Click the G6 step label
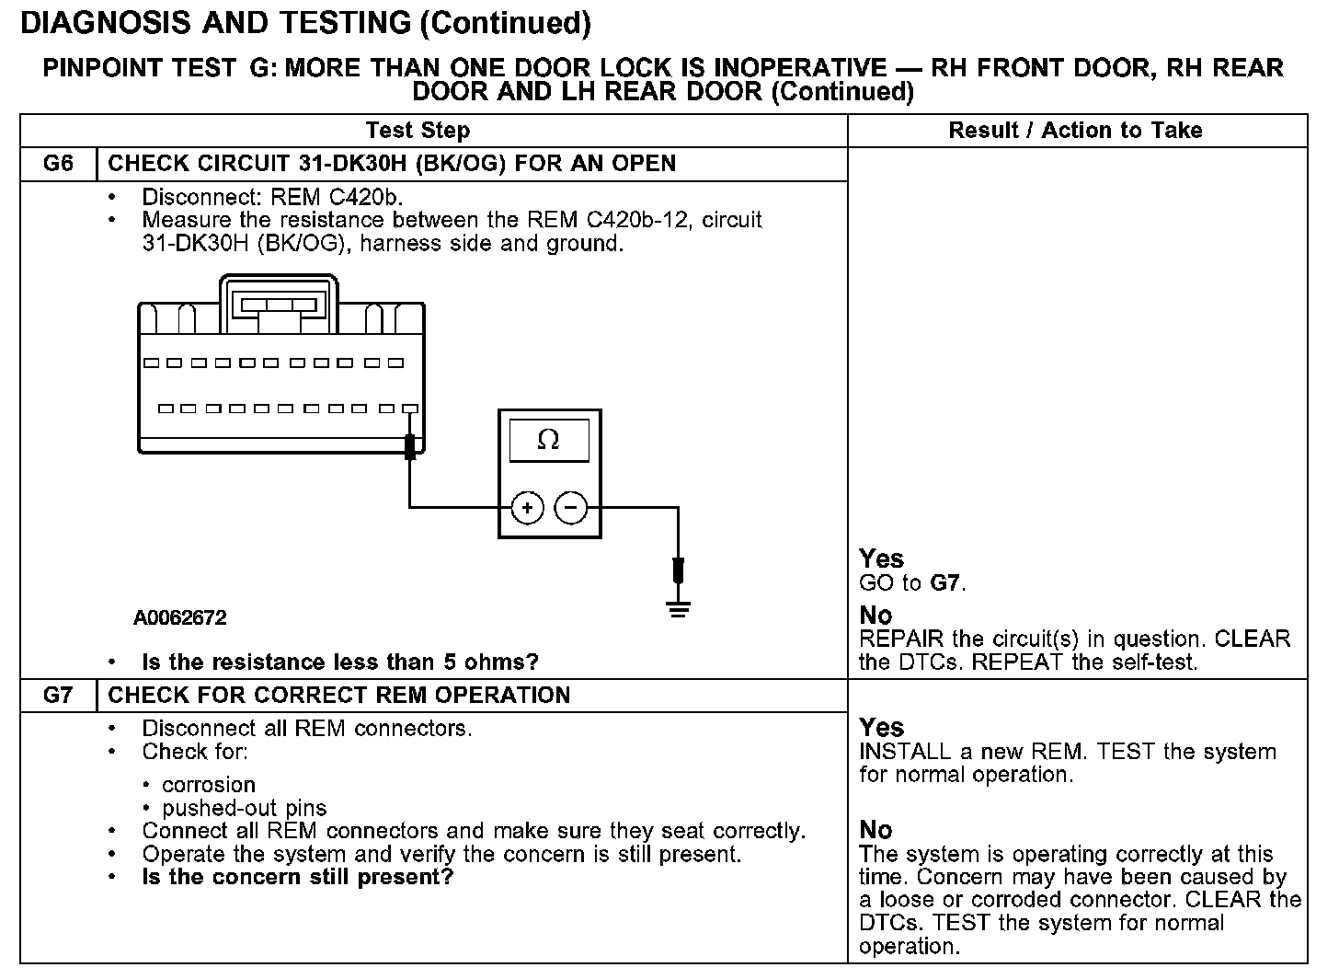pos(58,164)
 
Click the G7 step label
pos(58,696)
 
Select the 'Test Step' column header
pos(418,131)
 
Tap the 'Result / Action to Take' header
pos(1075,131)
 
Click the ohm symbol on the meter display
pos(548,441)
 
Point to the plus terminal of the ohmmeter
pos(527,507)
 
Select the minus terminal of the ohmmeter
pos(571,507)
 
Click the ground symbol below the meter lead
pos(679,608)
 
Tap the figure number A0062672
pos(180,618)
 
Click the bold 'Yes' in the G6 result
pos(881,559)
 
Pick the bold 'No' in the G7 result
pos(875,830)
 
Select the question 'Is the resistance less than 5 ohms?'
pos(339,662)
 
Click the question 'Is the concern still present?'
pos(298,877)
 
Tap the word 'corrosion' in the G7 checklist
pos(209,785)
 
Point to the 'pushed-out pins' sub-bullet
pos(244,809)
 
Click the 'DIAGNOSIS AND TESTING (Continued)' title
pos(305,24)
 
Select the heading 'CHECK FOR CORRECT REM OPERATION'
pos(339,696)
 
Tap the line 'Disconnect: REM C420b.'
pos(273,197)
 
